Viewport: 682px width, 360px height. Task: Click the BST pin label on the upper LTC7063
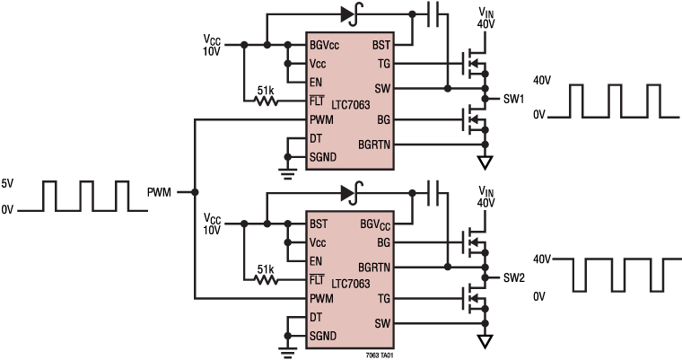pos(380,44)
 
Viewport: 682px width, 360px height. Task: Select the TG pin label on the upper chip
pos(382,64)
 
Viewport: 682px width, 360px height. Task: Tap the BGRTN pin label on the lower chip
pos(374,267)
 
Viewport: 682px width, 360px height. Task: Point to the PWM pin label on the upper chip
pos(322,119)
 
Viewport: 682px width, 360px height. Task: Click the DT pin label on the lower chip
pos(316,318)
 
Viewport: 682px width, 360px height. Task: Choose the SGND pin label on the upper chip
pos(323,157)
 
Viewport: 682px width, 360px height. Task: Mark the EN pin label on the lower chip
pos(316,261)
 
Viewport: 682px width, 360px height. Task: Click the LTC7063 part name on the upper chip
pos(350,105)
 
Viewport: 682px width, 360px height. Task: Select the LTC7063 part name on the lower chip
pos(350,284)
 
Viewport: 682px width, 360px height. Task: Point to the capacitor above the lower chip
pos(433,193)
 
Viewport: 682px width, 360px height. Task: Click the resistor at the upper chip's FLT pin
pos(266,102)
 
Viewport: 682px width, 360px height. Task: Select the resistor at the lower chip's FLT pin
pos(266,280)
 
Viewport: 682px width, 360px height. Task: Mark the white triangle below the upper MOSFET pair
pos(485,162)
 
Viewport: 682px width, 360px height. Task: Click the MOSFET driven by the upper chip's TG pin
pos(471,64)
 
